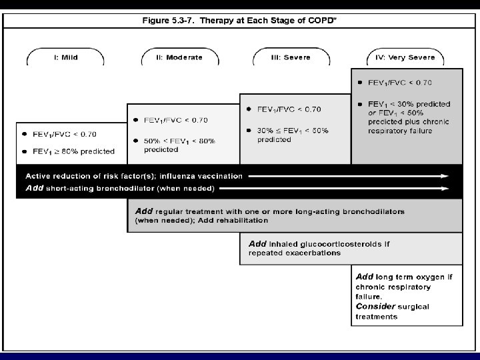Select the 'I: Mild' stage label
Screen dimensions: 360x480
coord(65,57)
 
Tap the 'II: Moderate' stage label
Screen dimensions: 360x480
coord(179,57)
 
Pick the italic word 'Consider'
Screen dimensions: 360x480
coord(375,305)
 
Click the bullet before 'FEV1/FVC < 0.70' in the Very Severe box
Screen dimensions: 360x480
coord(360,82)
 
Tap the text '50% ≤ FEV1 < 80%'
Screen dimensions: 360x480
coord(179,141)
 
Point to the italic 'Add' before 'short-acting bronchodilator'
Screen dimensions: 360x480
coord(33,189)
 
